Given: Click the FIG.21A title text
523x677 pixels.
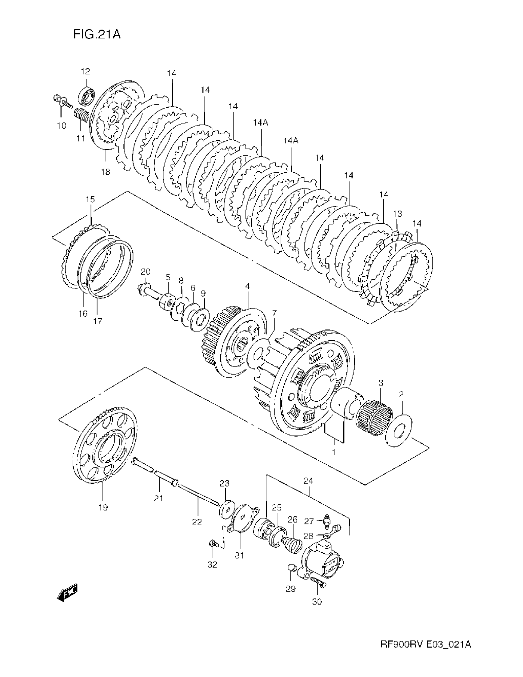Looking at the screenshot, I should click(97, 34).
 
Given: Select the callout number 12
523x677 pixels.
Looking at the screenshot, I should click(86, 72).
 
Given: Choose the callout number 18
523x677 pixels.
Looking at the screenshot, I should click(106, 172).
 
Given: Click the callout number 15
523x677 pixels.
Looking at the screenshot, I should click(90, 199).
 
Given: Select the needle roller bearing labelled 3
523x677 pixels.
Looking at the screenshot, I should click(374, 413).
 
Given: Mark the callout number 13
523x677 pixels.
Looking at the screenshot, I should click(397, 214).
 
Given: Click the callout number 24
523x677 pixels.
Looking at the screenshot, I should click(308, 481).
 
